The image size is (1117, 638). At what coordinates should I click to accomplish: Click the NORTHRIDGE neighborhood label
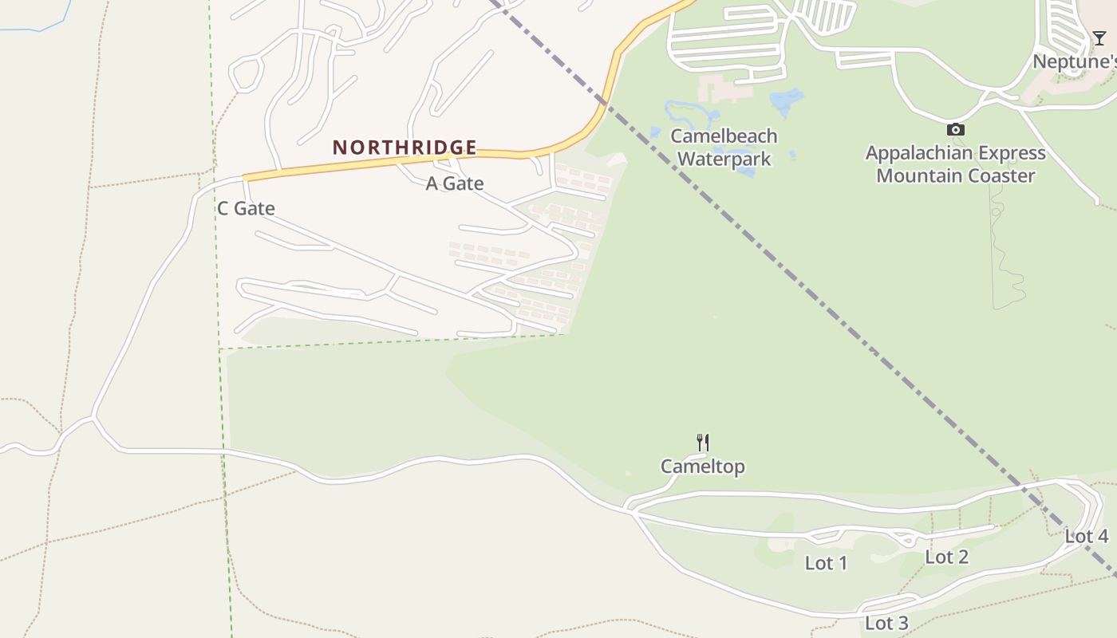click(405, 148)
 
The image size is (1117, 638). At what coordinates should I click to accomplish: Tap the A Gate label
click(455, 183)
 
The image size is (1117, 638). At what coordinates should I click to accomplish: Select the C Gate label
click(246, 209)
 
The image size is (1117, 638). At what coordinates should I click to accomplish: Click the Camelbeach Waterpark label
click(724, 147)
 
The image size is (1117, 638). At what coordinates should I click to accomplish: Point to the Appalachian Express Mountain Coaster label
click(955, 164)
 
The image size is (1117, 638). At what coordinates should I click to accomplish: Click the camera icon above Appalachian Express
click(955, 129)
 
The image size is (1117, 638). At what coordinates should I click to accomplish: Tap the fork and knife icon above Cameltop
click(703, 442)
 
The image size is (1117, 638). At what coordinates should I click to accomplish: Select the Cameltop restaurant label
click(702, 467)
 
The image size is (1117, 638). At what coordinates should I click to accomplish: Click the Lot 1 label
click(826, 563)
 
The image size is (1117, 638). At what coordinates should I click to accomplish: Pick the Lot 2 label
click(946, 557)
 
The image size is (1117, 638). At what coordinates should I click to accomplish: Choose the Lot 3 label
click(886, 623)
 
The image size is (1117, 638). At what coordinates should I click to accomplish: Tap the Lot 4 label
click(1086, 537)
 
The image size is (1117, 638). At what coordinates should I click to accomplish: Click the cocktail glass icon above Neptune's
click(1099, 38)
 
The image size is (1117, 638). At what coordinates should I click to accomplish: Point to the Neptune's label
click(1074, 61)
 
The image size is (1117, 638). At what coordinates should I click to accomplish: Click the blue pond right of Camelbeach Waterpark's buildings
click(786, 101)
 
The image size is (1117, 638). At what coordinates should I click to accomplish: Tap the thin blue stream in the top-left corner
click(40, 28)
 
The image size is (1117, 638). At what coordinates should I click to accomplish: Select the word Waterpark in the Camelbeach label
click(724, 159)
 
